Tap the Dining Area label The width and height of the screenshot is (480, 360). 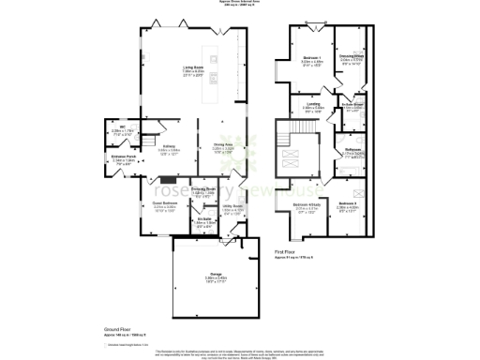222,145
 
